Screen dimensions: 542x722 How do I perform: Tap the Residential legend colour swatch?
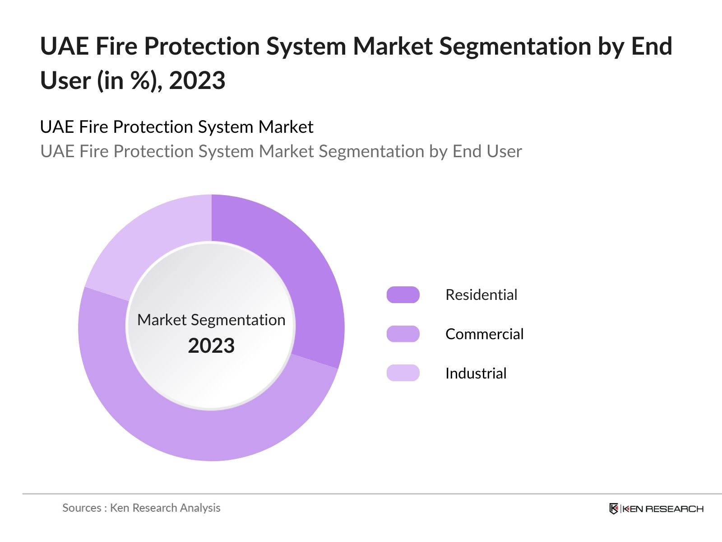tap(403, 295)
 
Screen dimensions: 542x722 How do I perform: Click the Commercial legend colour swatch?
tap(403, 334)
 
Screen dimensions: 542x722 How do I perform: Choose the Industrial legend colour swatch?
tap(403, 373)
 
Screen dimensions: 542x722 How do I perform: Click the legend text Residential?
tap(481, 295)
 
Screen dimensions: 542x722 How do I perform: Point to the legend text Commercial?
tap(484, 334)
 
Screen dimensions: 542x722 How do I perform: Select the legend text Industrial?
tap(476, 374)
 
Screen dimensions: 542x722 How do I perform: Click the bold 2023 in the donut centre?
tap(211, 346)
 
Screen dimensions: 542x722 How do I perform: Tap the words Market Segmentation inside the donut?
tap(211, 320)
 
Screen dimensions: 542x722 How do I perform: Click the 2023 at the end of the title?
tap(197, 81)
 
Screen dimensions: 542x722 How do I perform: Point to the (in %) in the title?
tap(130, 81)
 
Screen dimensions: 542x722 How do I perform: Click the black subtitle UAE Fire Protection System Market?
tap(176, 127)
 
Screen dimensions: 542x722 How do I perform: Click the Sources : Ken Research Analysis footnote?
tap(141, 508)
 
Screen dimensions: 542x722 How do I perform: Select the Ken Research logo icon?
tap(614, 509)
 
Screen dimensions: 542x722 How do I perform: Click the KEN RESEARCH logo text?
tap(662, 509)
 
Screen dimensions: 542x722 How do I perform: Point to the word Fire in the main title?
tap(116, 47)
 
